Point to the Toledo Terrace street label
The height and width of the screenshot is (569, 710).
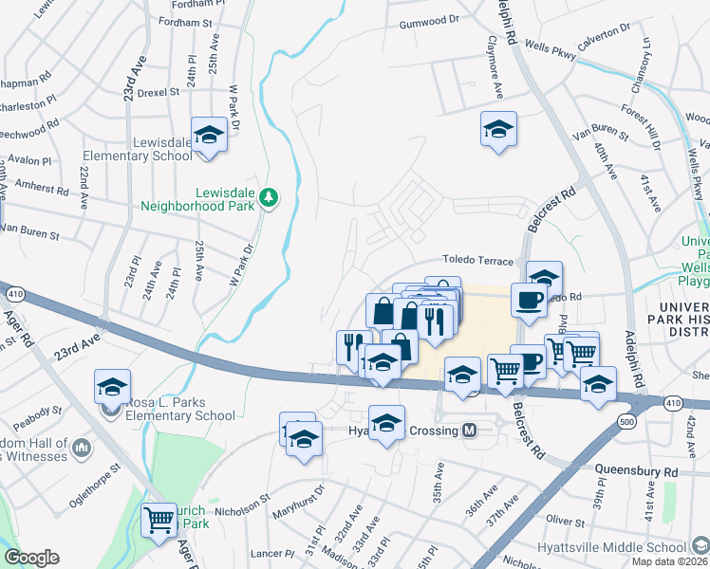pyautogui.click(x=477, y=261)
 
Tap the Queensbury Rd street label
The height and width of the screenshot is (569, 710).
pyautogui.click(x=636, y=470)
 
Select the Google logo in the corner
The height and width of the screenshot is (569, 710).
pyautogui.click(x=31, y=558)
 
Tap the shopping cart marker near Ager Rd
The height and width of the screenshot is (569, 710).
pyautogui.click(x=159, y=519)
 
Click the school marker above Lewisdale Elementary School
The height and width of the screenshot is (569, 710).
pyautogui.click(x=208, y=135)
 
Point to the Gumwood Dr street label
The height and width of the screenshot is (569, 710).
pyautogui.click(x=429, y=20)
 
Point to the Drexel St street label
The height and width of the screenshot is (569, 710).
pyautogui.click(x=158, y=93)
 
